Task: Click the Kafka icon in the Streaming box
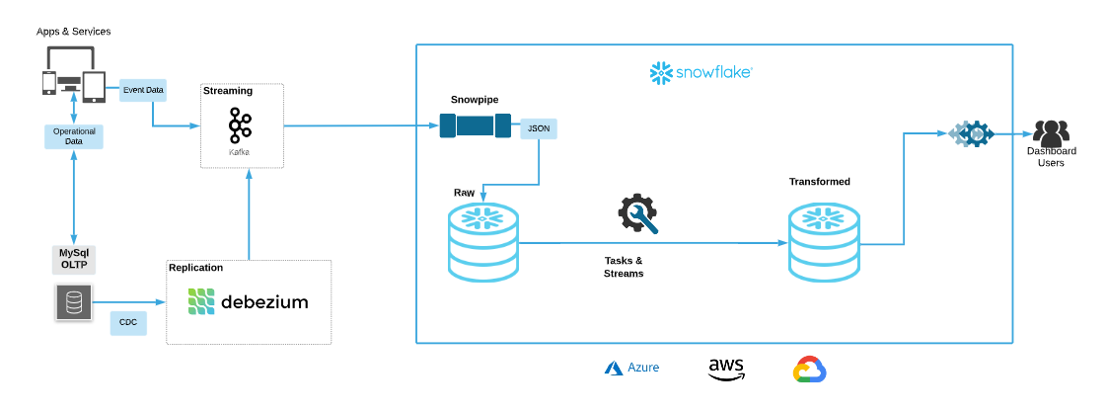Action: tap(240, 126)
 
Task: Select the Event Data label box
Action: tap(143, 90)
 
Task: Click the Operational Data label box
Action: tap(74, 136)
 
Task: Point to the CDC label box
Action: tap(127, 322)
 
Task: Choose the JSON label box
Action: tap(539, 128)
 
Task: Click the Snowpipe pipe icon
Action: tap(476, 125)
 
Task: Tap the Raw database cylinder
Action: tap(483, 242)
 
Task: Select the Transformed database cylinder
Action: tap(824, 242)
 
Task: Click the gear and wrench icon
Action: tap(637, 213)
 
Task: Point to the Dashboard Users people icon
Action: tap(1051, 131)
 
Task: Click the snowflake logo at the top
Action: tap(701, 72)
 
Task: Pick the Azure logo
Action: tap(631, 368)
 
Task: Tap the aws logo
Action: tap(726, 369)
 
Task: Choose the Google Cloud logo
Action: tap(809, 370)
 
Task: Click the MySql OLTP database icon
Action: tap(73, 302)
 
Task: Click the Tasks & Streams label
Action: tap(624, 267)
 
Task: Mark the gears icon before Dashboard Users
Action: tap(970, 133)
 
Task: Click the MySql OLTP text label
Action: tap(73, 259)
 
